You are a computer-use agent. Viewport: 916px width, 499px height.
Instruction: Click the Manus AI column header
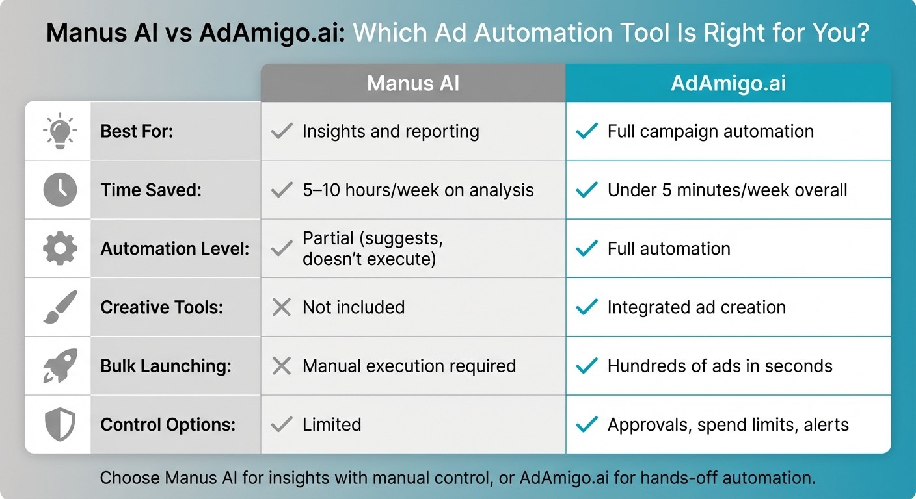(413, 83)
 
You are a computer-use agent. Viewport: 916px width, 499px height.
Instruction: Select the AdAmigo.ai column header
(728, 83)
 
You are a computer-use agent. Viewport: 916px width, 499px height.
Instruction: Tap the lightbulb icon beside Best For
(59, 131)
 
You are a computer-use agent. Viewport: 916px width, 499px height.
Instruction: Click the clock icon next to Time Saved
(59, 190)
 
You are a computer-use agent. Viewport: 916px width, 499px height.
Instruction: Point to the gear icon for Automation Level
(59, 248)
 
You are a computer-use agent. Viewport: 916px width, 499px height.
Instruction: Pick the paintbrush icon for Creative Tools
(59, 307)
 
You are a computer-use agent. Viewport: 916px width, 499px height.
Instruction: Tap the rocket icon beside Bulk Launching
(59, 365)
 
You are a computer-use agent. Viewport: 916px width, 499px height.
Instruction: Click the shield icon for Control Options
(59, 424)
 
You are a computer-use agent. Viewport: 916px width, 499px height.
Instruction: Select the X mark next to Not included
(281, 307)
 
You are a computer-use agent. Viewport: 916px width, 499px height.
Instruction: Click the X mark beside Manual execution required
(281, 366)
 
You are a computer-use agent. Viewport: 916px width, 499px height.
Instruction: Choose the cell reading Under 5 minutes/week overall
(727, 190)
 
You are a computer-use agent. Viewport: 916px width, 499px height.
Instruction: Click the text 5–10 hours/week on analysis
(418, 190)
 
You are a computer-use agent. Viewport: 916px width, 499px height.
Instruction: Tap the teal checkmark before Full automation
(586, 249)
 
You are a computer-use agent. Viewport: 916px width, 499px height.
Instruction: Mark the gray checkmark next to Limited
(281, 425)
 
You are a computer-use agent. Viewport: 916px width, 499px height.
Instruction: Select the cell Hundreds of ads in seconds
(720, 366)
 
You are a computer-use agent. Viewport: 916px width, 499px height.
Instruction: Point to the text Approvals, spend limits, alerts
(727, 425)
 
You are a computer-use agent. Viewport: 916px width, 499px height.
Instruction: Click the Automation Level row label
(174, 249)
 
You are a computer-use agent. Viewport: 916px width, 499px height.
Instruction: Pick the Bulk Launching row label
(165, 366)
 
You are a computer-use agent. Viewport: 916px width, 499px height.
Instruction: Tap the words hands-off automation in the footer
(727, 479)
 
